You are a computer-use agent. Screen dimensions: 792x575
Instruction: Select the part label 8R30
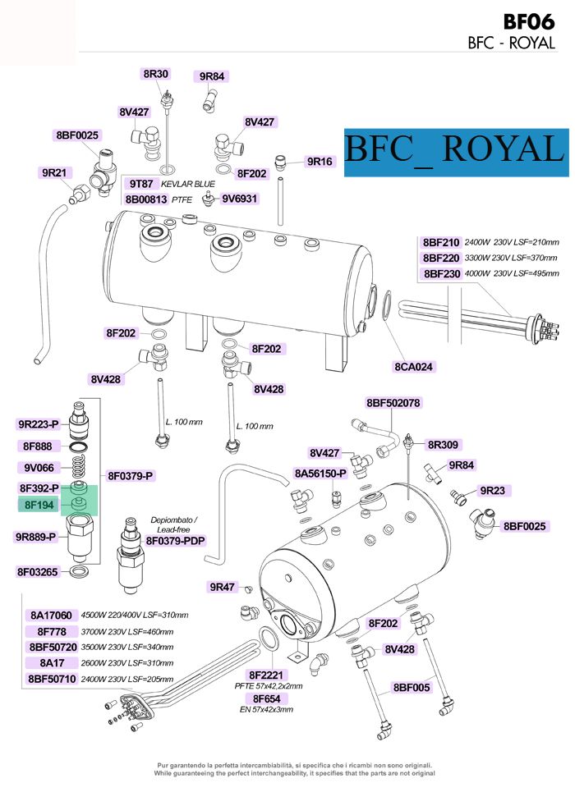point(155,74)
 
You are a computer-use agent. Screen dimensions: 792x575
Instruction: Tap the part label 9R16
point(319,162)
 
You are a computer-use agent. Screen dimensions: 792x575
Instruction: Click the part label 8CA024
point(414,366)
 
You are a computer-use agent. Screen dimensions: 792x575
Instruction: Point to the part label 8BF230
point(441,273)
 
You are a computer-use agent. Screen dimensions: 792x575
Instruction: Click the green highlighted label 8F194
point(39,506)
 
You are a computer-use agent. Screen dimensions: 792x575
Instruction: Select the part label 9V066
point(39,468)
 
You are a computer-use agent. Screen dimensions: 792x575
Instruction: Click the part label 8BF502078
point(393,403)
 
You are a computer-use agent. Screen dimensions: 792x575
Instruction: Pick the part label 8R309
point(443,445)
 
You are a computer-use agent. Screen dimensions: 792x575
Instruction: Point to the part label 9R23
point(493,491)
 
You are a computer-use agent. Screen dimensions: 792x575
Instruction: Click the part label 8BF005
point(412,687)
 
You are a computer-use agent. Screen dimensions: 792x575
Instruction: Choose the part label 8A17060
point(52,615)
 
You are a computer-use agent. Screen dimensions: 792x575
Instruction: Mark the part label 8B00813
point(146,199)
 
